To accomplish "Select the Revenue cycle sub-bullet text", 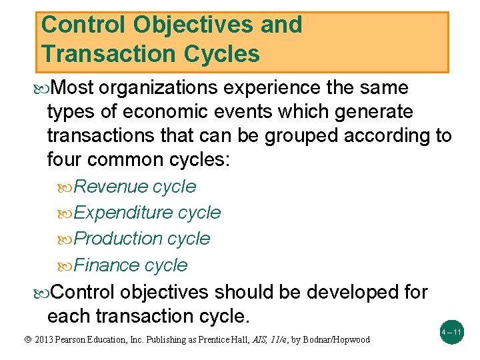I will [x=135, y=187].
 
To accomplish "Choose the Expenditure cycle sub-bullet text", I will [x=147, y=213].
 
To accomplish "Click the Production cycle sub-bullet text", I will [x=142, y=239].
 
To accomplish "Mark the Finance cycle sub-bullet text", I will [x=131, y=265].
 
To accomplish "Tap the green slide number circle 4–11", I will [x=451, y=332].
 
